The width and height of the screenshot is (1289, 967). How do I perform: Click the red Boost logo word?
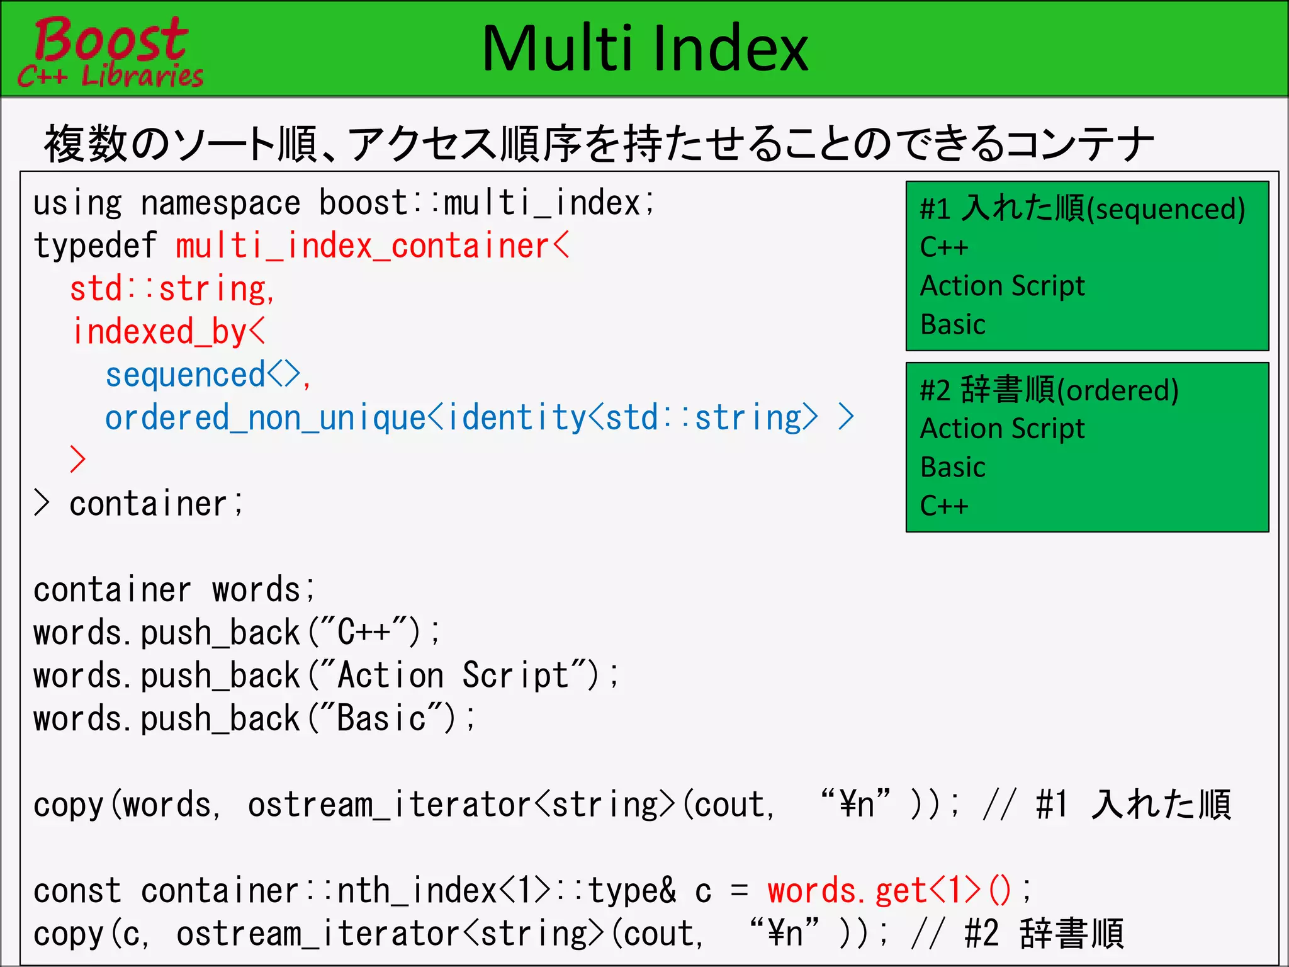(111, 39)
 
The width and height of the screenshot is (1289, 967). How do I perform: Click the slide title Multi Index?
(644, 49)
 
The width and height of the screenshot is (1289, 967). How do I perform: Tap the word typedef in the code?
(94, 246)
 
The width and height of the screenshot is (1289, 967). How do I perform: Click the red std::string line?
(171, 290)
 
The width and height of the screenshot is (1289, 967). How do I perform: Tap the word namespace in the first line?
(220, 204)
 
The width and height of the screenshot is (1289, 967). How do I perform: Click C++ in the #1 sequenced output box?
(943, 247)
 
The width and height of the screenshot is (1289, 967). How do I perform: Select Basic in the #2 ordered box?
(952, 468)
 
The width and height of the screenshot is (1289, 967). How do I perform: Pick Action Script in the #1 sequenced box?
(1002, 286)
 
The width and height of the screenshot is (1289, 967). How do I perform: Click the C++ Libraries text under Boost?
(111, 76)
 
